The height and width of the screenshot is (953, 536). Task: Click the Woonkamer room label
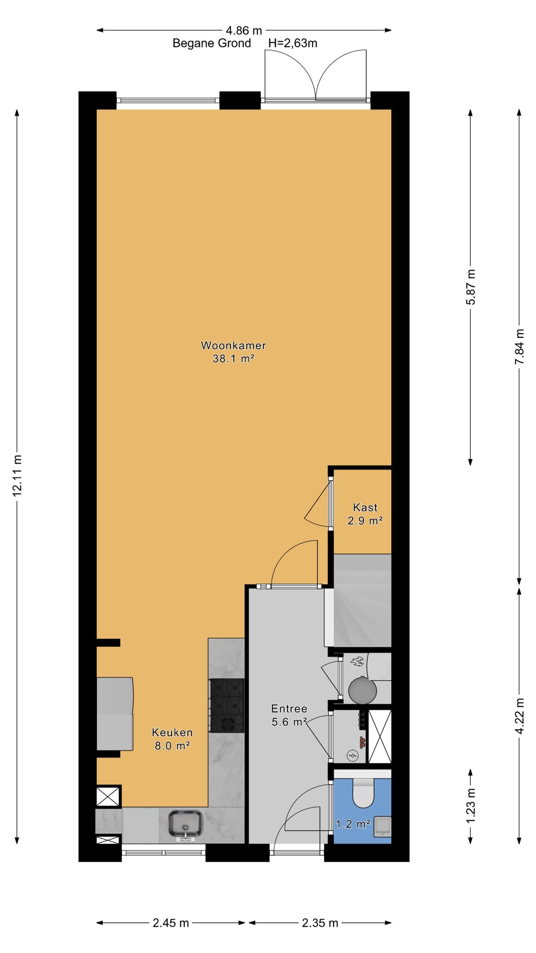coord(233,345)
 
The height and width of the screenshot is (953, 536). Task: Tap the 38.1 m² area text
coord(233,359)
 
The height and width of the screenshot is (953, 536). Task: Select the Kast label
coord(365,507)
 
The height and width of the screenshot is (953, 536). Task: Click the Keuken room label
coord(172,732)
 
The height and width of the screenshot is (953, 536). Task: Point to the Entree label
coord(289,709)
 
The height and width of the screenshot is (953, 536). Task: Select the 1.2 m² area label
coord(353,825)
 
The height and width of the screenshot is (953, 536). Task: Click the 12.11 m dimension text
coord(17,474)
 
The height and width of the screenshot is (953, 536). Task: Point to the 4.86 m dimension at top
coord(244,31)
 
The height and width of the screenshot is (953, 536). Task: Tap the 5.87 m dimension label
coord(471,287)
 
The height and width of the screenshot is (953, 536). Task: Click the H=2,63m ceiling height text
coord(293,43)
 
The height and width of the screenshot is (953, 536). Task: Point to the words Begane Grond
coord(212,43)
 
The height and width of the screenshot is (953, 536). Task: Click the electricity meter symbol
coord(353,755)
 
